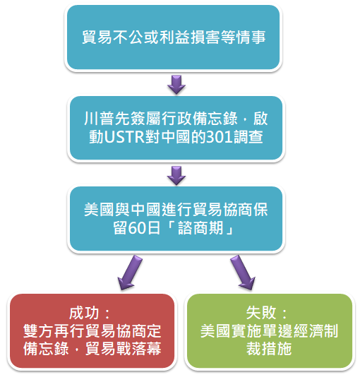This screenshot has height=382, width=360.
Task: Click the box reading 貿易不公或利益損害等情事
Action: point(173,37)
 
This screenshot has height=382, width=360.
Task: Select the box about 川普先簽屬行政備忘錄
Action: point(176,128)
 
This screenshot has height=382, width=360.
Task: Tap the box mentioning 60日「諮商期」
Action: point(176,218)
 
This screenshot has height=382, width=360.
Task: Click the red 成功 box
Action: point(92,331)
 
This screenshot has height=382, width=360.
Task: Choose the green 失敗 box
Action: point(270,331)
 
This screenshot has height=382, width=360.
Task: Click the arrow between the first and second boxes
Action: point(176,85)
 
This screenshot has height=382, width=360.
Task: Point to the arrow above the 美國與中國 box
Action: point(176,175)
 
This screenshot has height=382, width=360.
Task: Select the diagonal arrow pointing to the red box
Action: point(130,273)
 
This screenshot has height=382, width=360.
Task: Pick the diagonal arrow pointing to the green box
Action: point(243,273)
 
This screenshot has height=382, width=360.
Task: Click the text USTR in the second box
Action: point(124,137)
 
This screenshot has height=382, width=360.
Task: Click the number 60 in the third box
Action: point(136,228)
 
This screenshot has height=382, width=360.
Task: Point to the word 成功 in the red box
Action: point(84,313)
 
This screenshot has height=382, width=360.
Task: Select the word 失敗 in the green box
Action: point(261,313)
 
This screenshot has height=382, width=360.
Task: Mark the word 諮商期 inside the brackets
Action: point(200,228)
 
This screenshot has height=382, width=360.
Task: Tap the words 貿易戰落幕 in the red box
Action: point(124,349)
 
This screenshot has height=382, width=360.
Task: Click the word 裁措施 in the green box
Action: point(269,349)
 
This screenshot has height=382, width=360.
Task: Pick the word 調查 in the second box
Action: point(248,137)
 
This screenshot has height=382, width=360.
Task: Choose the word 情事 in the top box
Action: point(250,37)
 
